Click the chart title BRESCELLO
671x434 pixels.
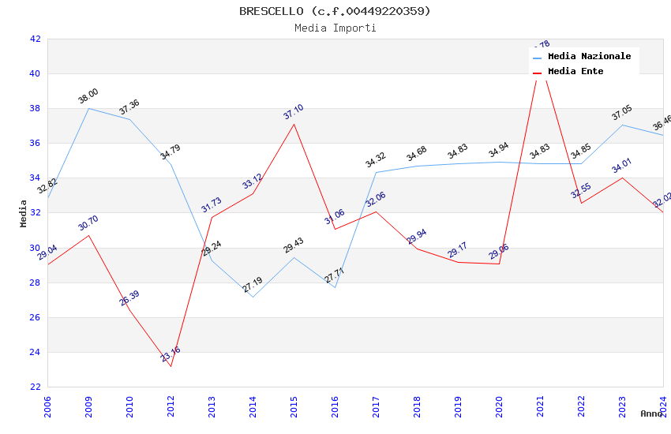coord(335,11)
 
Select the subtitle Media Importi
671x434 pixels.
coord(335,28)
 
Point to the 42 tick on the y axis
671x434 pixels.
coord(35,39)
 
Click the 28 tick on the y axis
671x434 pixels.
coord(35,282)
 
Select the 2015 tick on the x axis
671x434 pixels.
coord(294,407)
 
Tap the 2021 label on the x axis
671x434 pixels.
coord(540,407)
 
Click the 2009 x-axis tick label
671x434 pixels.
coord(88,407)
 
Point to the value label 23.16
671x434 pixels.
coord(170,354)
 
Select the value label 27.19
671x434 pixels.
coord(253,285)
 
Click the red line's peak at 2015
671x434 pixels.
coord(294,124)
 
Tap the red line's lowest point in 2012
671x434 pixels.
coord(171,366)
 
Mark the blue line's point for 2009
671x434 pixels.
coord(88,108)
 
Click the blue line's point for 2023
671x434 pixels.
coord(622,125)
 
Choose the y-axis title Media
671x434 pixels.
coord(24,213)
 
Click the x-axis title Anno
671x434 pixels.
coord(651,413)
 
